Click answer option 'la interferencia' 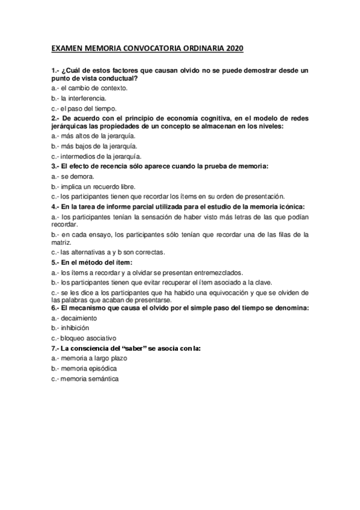(x=83, y=97)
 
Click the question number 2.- (x=56, y=118)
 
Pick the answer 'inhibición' (x=75, y=328)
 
